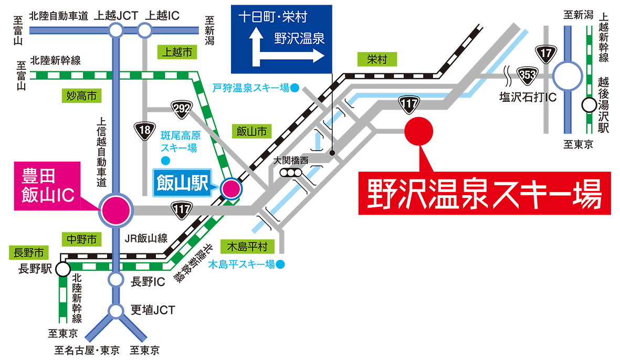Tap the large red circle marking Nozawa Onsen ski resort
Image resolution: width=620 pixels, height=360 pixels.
pos(419,131)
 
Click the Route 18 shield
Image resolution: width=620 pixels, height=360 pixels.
pos(143,129)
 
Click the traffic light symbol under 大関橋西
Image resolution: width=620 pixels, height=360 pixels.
pos(291,173)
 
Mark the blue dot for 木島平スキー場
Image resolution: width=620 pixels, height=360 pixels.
pos(281,264)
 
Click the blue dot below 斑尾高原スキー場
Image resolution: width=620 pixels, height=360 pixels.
pos(165,160)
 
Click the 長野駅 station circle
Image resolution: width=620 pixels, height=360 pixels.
pos(62,270)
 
